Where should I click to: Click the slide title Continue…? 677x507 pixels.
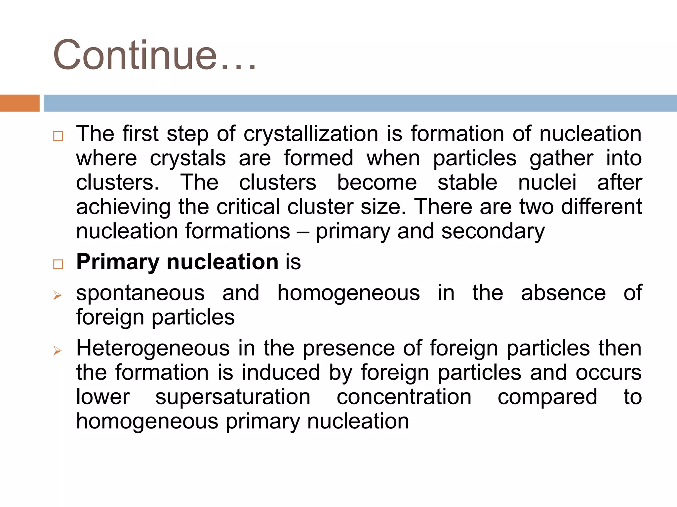pos(155,55)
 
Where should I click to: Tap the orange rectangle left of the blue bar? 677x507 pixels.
pos(20,103)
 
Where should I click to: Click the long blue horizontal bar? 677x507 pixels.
pos(360,103)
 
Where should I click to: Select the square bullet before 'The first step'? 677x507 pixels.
pos(58,136)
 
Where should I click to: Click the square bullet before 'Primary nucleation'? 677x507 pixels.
pos(58,264)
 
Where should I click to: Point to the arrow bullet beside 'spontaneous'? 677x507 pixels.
pos(58,295)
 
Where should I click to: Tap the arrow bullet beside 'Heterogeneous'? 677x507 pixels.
pos(58,351)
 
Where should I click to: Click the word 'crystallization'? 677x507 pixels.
pos(311,134)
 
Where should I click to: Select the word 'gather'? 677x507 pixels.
pos(561,158)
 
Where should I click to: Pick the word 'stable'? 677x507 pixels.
pos(467,183)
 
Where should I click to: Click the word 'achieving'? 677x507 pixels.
pos(123,207)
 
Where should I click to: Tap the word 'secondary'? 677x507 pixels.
pos(493,231)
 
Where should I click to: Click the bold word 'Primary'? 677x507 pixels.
pos(118,262)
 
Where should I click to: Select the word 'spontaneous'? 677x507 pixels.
pos(140,293)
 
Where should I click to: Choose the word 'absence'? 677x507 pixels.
pos(563,293)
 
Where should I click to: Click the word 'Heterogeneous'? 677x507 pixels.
pos(153,349)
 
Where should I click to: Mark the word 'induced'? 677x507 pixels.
pos(281,373)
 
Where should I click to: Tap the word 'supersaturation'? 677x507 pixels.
pos(233,397)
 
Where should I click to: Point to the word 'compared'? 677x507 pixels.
pos(547,397)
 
